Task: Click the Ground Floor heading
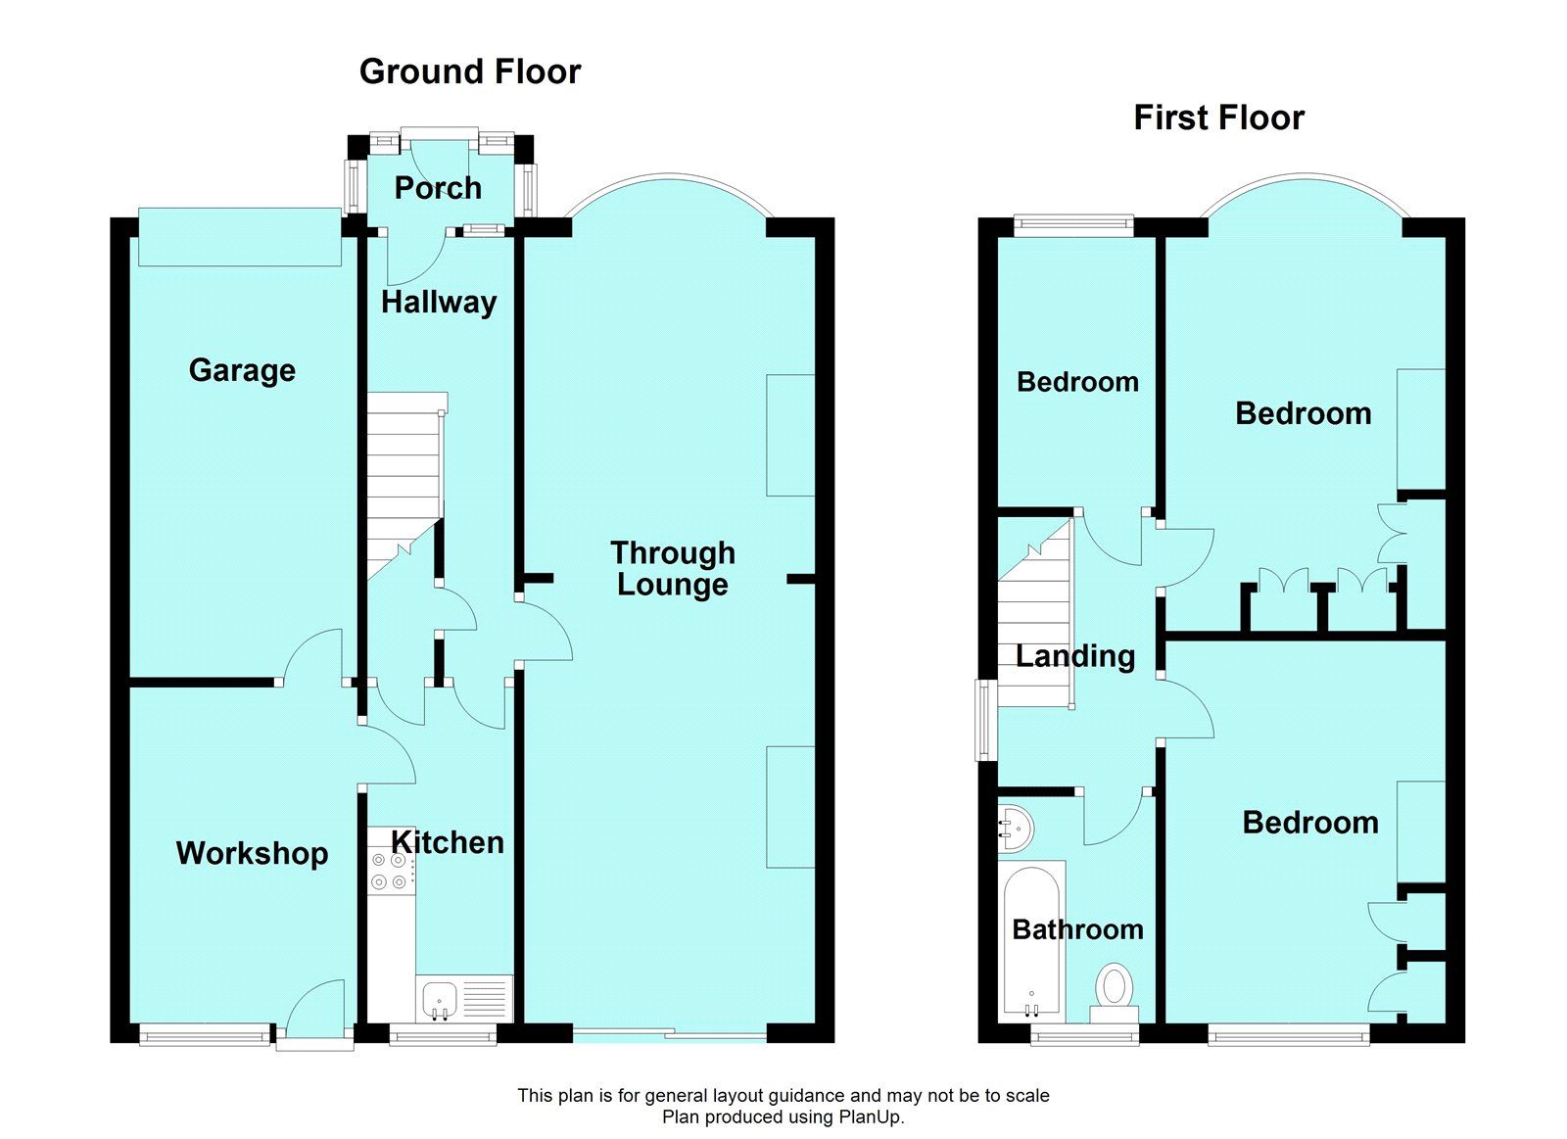[470, 71]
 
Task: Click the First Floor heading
[1218, 119]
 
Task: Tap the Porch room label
[438, 188]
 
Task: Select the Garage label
[242, 370]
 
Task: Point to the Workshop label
[252, 853]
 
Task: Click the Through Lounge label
[672, 568]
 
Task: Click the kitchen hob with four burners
[389, 871]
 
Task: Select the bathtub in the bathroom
[1030, 940]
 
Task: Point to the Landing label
[1075, 656]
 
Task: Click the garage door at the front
[240, 236]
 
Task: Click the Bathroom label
[1077, 929]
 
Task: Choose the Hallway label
[439, 303]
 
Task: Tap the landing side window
[984, 720]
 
